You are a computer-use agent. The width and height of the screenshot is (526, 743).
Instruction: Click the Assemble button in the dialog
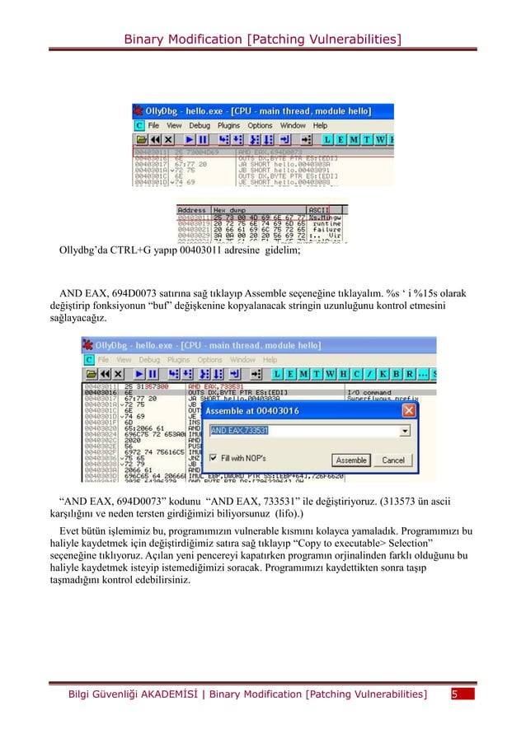click(352, 460)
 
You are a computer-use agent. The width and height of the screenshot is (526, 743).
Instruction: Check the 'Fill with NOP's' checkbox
click(214, 457)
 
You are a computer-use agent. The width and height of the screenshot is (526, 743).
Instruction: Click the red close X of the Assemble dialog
click(408, 410)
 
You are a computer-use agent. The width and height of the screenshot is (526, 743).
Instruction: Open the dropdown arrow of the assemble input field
click(404, 430)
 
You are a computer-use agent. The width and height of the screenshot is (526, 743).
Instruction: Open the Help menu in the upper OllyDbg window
click(320, 125)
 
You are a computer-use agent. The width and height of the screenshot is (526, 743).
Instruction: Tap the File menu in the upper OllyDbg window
click(153, 125)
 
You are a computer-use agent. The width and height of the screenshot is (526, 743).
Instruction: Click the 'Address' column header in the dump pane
click(192, 210)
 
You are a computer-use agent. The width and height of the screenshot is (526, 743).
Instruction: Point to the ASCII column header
click(317, 210)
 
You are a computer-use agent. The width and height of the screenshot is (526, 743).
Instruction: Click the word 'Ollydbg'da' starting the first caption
click(84, 251)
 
